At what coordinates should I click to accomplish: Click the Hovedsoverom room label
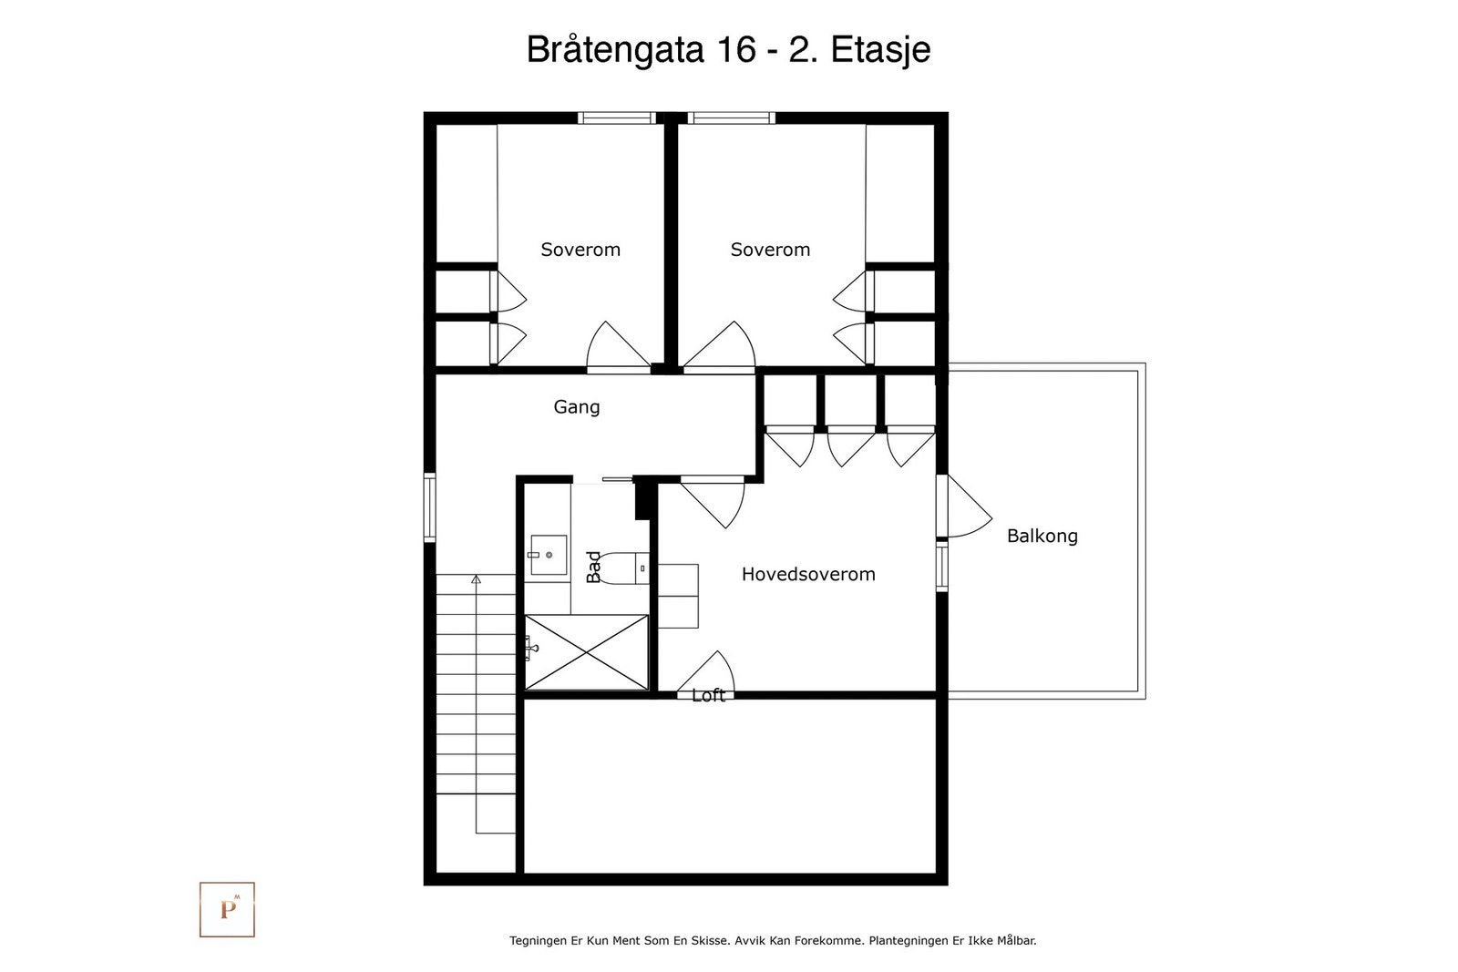808,574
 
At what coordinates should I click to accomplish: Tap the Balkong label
1042,536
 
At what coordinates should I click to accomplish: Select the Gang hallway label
577,407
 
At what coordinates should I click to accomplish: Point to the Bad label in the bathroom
593,567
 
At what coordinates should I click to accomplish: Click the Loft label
708,695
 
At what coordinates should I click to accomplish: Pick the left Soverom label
580,250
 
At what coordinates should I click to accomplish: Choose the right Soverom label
770,250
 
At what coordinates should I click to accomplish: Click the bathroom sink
548,555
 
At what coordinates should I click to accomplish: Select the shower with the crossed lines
587,652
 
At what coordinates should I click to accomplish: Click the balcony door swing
970,506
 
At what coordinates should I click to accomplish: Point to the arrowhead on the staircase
476,578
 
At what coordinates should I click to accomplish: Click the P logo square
227,909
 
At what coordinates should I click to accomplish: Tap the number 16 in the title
737,49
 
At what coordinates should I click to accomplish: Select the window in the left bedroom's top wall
616,118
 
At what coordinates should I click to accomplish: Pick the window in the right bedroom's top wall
732,118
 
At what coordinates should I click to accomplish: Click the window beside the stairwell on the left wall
429,508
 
